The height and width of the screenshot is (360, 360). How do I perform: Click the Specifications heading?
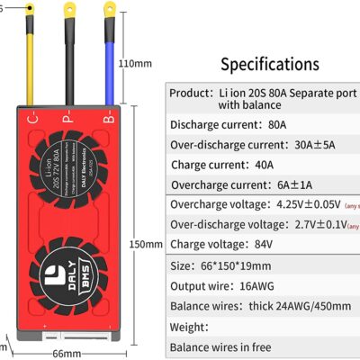tap(270, 65)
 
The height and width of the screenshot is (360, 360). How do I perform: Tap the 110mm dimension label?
tap(135, 64)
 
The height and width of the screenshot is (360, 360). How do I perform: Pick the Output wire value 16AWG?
tap(271, 286)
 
